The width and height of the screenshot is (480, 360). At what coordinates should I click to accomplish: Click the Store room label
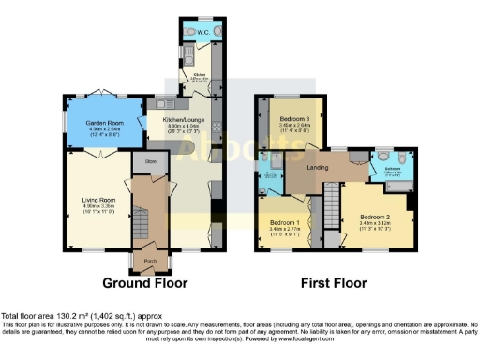[x=150, y=160]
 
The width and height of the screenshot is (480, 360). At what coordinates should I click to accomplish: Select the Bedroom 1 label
[x=282, y=221]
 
